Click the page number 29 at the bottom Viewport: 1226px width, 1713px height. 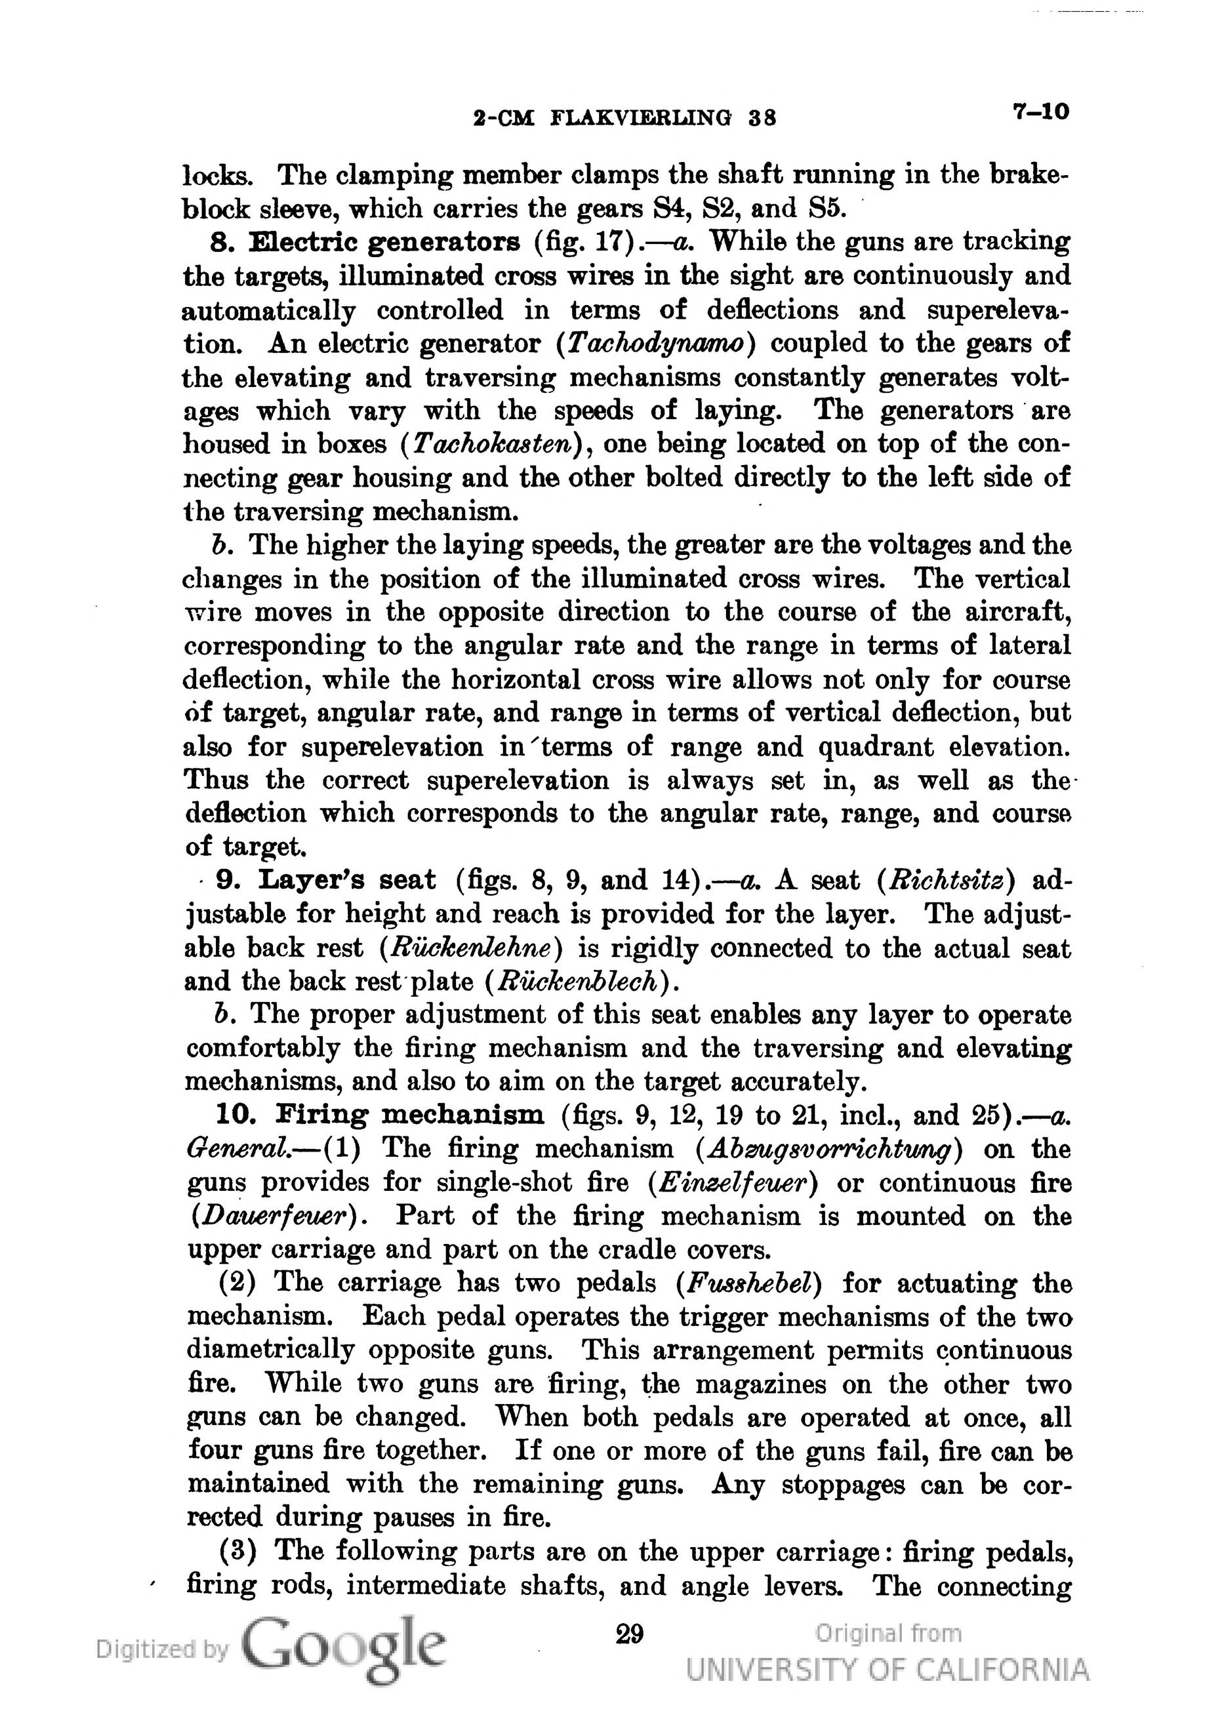click(x=630, y=1634)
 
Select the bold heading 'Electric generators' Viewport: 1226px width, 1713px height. click(x=384, y=242)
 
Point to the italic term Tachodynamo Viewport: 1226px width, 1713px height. click(x=655, y=344)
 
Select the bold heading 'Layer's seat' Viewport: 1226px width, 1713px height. click(x=347, y=880)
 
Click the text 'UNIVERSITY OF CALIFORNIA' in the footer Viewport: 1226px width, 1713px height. click(x=888, y=1668)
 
